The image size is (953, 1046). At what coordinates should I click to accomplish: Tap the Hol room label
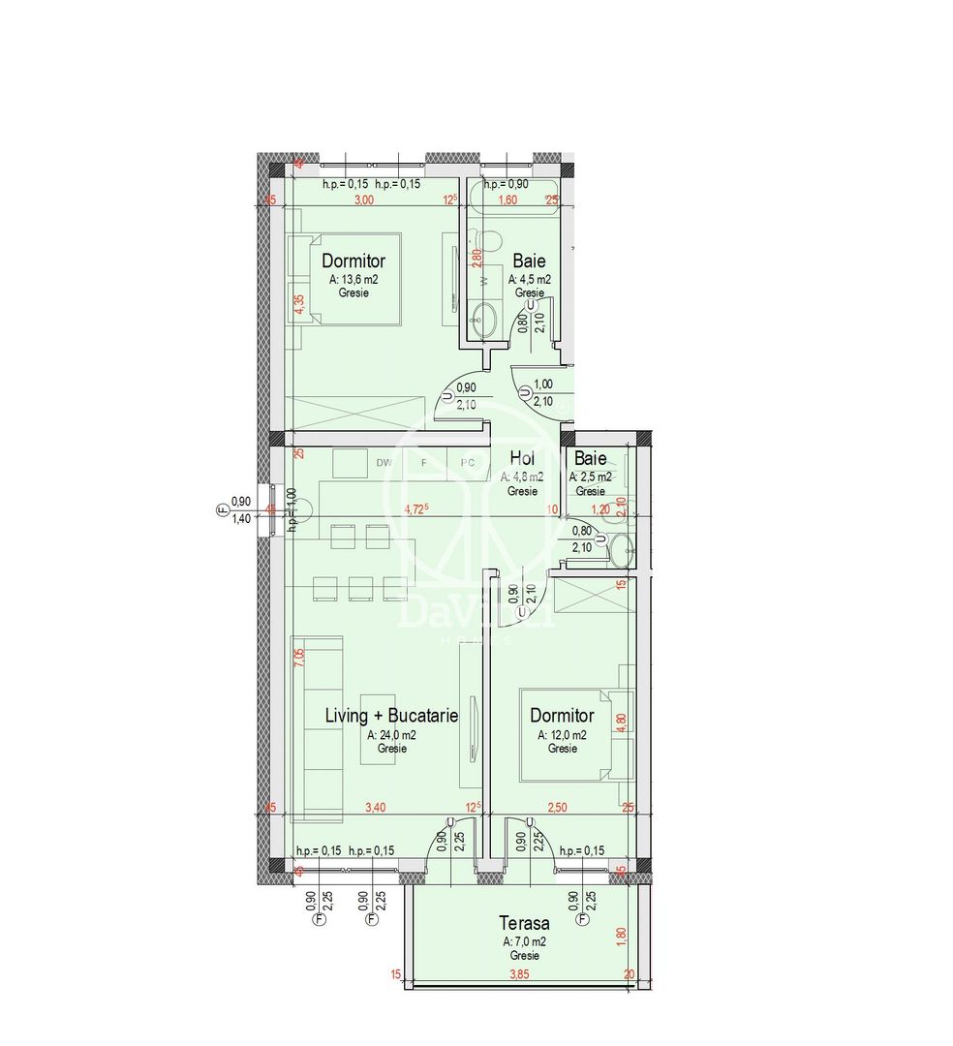pos(522,459)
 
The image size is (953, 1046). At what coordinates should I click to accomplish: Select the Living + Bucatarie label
pos(390,716)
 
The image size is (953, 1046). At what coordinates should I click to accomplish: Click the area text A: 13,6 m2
pos(353,279)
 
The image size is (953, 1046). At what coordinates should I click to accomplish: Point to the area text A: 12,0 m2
pos(562,735)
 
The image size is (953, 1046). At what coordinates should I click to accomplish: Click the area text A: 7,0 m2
pos(524,941)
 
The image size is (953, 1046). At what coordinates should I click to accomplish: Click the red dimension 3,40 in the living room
pos(373,807)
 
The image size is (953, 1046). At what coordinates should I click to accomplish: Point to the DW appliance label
pos(384,463)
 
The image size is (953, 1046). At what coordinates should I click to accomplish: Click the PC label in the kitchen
pos(467,463)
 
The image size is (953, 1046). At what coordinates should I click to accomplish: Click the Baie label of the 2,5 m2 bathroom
pos(590,458)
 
